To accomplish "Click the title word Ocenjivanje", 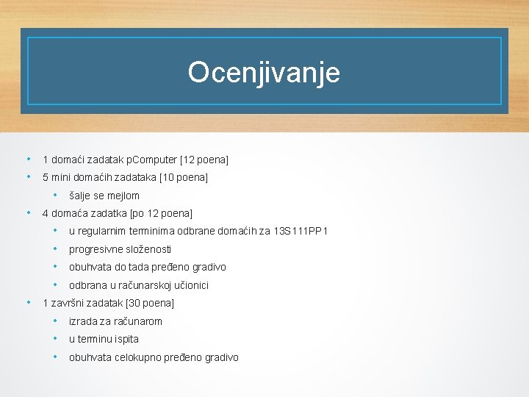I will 264,73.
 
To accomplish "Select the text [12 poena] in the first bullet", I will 204,160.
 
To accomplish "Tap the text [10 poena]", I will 184,177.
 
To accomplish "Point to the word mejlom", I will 123,196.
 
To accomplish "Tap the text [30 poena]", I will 150,303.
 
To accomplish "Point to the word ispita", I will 125,339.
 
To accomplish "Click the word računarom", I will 138,321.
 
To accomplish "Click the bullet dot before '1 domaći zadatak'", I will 28,159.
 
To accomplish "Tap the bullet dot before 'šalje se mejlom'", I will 55,196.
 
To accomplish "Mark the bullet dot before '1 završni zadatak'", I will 28,302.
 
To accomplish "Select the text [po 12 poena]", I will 161,213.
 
